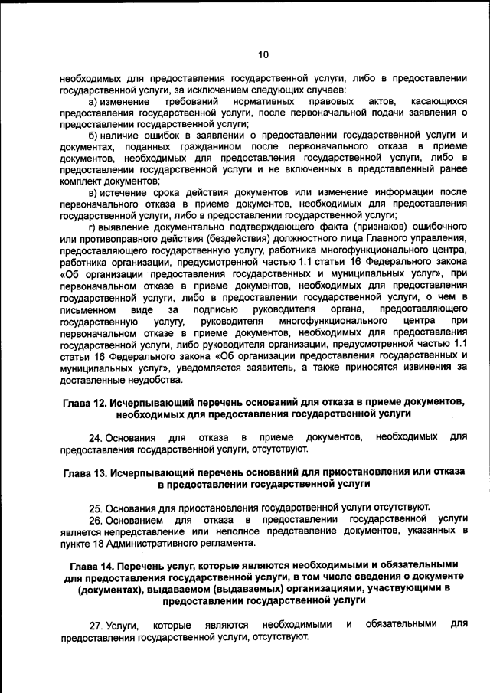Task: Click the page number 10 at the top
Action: pyautogui.click(x=263, y=54)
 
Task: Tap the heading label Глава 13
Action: pyautogui.click(x=86, y=473)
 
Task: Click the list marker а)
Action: pyautogui.click(x=93, y=102)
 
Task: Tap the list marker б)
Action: pyautogui.click(x=93, y=136)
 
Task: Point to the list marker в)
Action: pyautogui.click(x=93, y=193)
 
